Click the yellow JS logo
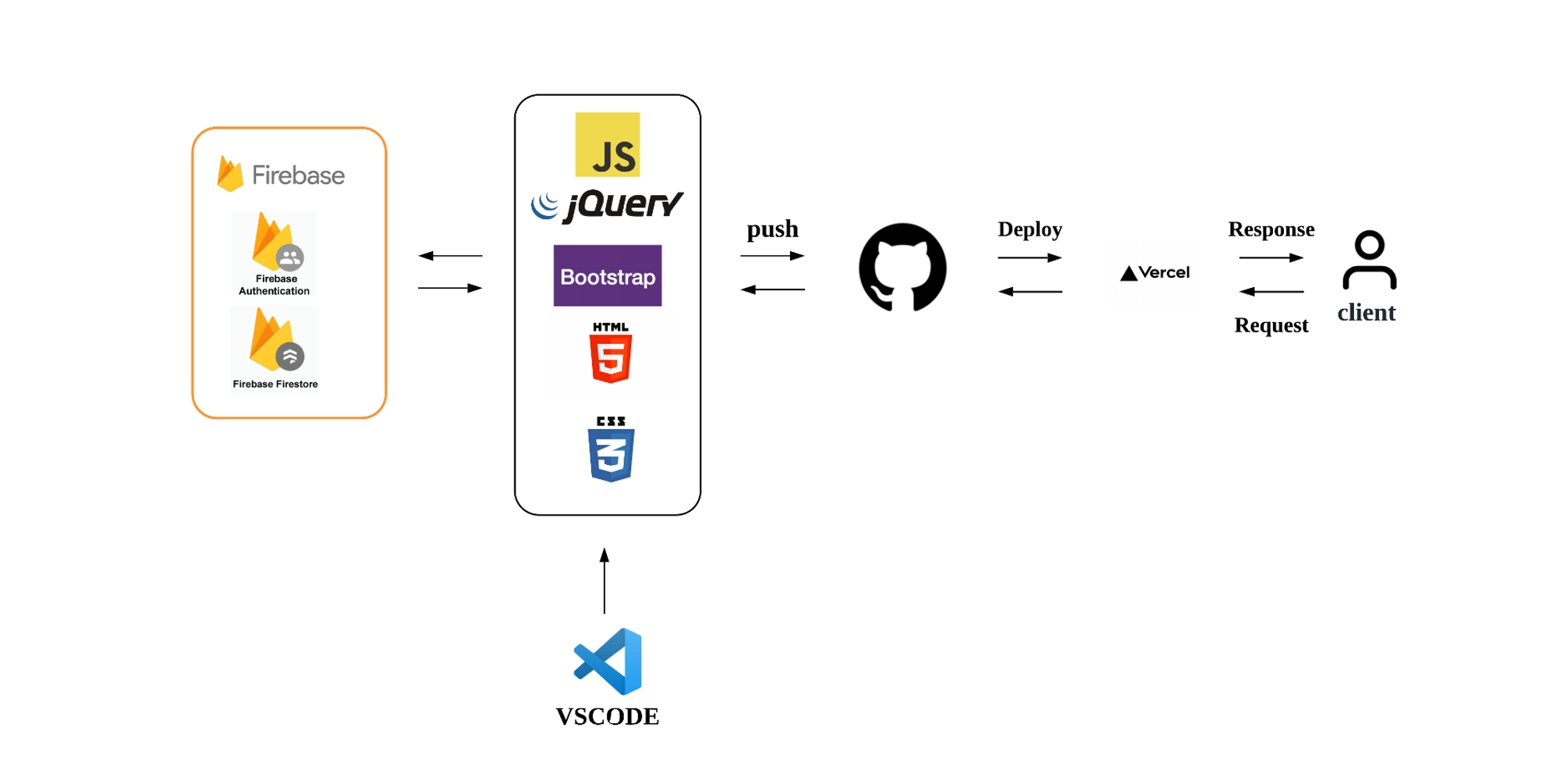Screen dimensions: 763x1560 (x=607, y=144)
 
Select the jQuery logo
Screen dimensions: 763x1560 (x=607, y=206)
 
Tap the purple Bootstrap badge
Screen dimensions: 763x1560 (x=607, y=275)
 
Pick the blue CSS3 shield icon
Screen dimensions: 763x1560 (x=611, y=450)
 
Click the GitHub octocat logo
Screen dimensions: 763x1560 (x=902, y=268)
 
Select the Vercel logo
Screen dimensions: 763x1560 (x=1154, y=273)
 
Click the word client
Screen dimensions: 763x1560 (x=1366, y=313)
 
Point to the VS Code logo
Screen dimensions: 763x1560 (x=608, y=662)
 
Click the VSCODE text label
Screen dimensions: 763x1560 (x=607, y=716)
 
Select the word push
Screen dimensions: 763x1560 (x=772, y=229)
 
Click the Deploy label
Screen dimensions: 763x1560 (x=1030, y=229)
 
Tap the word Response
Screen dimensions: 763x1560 (x=1271, y=229)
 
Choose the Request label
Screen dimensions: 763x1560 (x=1271, y=325)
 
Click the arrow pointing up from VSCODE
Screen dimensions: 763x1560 (x=604, y=580)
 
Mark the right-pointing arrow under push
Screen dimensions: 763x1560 (x=772, y=256)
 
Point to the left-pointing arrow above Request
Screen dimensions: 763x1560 (x=1271, y=292)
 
